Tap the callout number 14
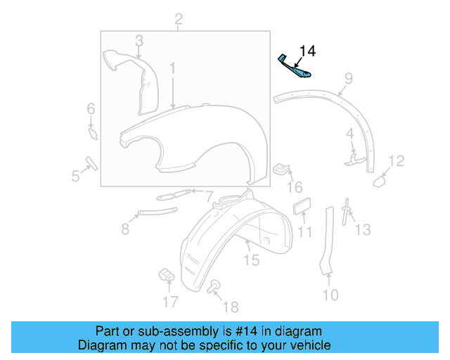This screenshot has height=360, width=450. (x=308, y=51)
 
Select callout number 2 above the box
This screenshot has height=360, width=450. (x=179, y=18)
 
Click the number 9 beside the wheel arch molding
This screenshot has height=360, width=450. (x=349, y=78)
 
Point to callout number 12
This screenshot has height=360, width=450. (x=397, y=161)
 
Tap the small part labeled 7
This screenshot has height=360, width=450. (x=174, y=195)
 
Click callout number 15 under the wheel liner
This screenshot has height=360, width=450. (x=251, y=260)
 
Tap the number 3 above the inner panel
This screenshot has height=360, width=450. (x=139, y=40)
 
